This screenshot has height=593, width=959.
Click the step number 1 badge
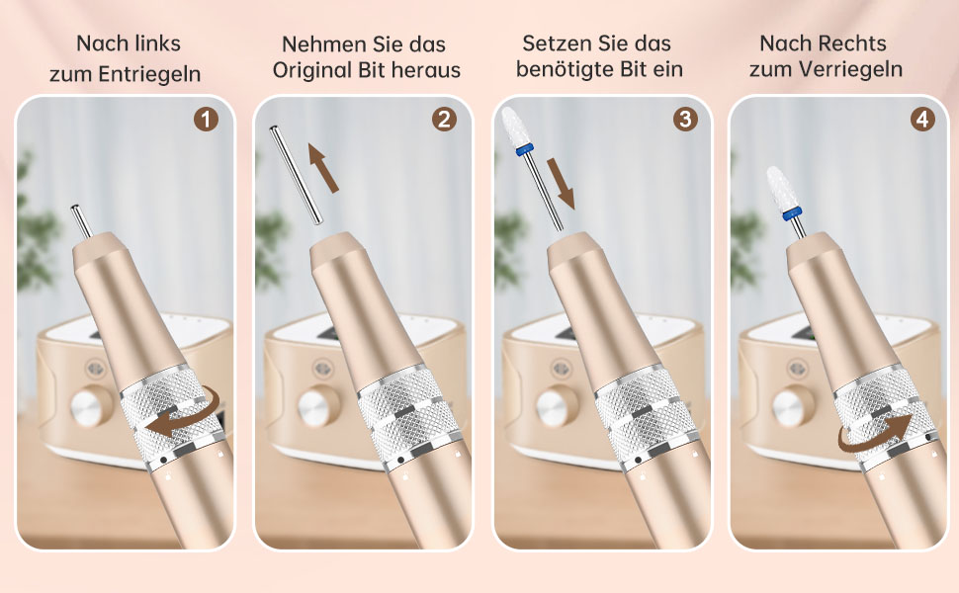click(206, 120)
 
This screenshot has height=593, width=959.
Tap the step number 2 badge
click(444, 120)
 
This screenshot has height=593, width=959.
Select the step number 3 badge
click(685, 120)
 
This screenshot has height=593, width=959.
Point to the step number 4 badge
click(922, 120)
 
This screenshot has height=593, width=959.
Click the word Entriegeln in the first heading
click(150, 74)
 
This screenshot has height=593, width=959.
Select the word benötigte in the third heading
click(566, 69)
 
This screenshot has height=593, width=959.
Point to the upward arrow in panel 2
click(323, 167)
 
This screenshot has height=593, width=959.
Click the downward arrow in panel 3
click(561, 184)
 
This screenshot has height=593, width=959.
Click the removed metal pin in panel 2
click(296, 175)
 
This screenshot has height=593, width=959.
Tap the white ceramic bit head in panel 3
click(513, 127)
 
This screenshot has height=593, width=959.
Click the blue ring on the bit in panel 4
click(792, 213)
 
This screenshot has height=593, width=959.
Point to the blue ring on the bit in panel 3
click(524, 150)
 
